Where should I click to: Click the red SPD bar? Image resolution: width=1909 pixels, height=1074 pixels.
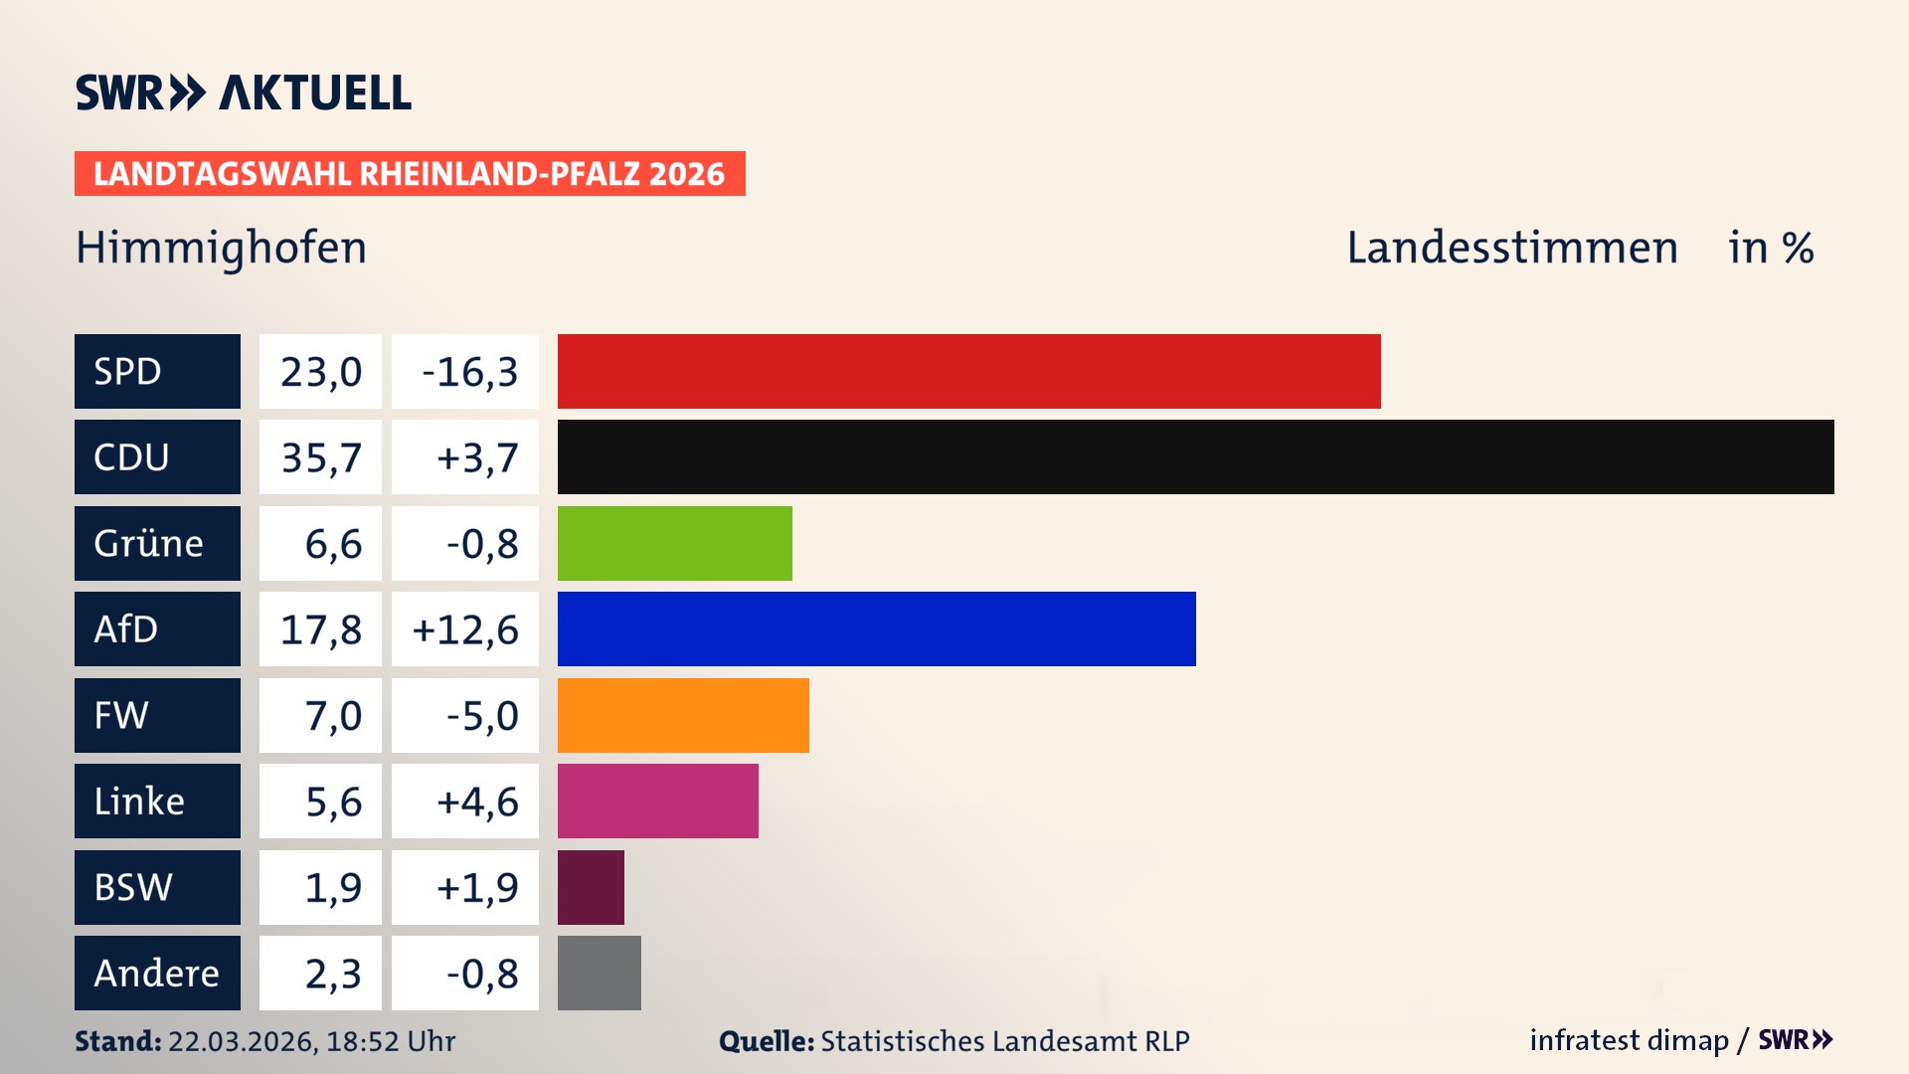point(968,371)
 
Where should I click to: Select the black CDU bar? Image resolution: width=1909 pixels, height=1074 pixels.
point(1195,456)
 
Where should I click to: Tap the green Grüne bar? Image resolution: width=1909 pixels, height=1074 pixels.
point(674,543)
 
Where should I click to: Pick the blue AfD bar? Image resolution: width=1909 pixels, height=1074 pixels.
point(876,628)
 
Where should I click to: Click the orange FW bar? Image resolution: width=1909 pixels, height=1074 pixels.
point(683,715)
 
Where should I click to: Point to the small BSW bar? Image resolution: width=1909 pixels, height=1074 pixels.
point(591,887)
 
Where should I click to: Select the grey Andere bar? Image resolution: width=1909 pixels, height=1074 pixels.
point(599,973)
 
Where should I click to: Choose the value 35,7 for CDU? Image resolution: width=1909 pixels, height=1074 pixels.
point(320,457)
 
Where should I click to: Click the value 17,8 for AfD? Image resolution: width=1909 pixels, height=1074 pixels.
point(320,629)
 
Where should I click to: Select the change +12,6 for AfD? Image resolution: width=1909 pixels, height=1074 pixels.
point(465,629)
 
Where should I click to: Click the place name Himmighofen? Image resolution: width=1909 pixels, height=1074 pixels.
point(221,248)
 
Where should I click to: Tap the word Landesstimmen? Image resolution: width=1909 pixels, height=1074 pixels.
point(1511,248)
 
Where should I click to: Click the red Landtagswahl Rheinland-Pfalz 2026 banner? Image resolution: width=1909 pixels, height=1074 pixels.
point(410,174)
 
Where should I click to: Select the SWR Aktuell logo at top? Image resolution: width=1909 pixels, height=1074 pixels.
point(244,92)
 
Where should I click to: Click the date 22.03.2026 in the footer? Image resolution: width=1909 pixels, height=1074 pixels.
point(243,1041)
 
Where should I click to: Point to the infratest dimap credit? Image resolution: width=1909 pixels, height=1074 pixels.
point(1629,1040)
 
